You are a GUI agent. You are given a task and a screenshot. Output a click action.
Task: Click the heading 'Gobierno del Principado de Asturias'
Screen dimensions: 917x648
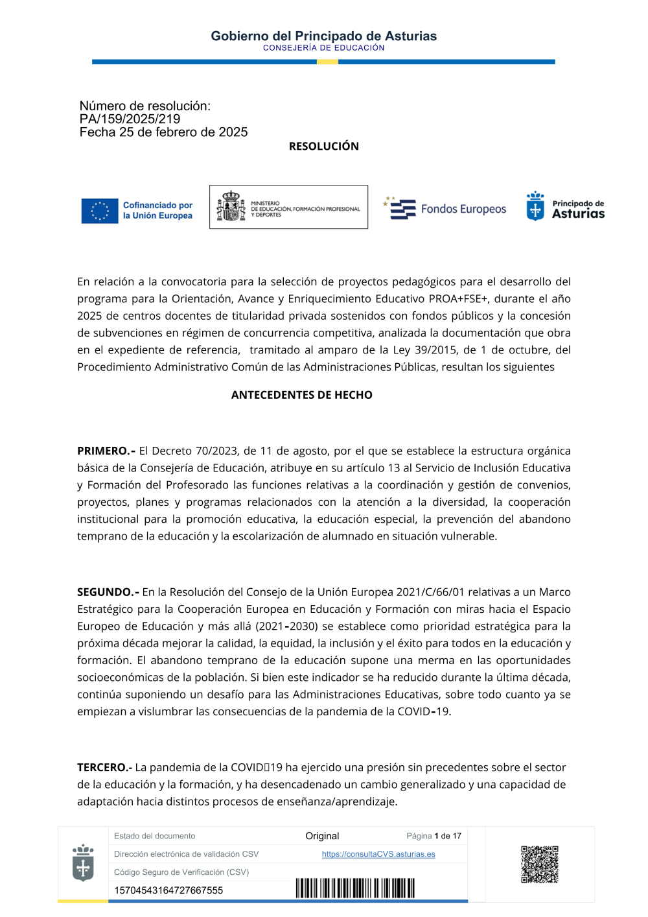click(x=323, y=36)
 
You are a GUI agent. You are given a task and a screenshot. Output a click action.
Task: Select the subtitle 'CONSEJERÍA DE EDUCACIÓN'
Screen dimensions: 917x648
click(x=323, y=48)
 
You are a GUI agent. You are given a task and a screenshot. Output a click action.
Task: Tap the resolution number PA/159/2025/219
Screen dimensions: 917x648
click(x=130, y=119)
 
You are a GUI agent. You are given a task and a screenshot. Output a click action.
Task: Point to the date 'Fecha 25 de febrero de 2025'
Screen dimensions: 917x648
click(x=163, y=132)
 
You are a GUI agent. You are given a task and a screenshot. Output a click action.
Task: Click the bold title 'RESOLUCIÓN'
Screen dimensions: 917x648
click(x=323, y=147)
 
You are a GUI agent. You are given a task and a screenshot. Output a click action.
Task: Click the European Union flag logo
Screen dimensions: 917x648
click(x=100, y=211)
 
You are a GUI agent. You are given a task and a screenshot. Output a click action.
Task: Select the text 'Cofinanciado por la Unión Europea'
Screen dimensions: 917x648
click(x=157, y=210)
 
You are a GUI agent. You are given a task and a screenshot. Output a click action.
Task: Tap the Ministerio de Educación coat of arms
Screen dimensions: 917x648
click(x=231, y=207)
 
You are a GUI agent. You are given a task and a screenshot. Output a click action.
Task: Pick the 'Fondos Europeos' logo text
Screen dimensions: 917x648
click(x=463, y=209)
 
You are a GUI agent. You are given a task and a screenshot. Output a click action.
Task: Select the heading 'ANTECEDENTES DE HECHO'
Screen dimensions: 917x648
click(x=301, y=395)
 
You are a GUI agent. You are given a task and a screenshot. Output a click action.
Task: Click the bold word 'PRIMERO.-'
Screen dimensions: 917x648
click(x=106, y=451)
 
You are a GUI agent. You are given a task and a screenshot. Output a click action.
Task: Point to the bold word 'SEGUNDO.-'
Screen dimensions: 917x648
click(x=108, y=592)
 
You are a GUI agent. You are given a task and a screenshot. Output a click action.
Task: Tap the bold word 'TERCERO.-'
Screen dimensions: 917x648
click(x=104, y=767)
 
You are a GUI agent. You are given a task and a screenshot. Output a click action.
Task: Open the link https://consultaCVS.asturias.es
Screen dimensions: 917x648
click(x=378, y=854)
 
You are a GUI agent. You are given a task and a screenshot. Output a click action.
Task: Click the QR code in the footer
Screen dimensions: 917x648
click(x=539, y=864)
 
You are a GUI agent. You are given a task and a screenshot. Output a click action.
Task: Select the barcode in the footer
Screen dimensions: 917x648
click(x=355, y=888)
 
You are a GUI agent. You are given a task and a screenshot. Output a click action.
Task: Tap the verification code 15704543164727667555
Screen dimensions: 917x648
click(x=168, y=890)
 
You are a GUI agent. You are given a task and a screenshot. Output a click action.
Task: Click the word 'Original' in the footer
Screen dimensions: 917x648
click(x=322, y=836)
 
